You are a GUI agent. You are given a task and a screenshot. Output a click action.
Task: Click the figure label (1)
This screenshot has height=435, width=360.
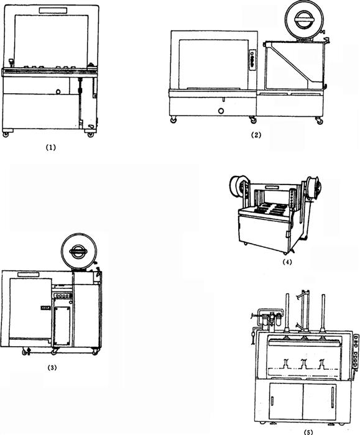50,148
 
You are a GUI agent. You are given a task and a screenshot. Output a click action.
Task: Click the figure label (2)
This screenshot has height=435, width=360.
256,135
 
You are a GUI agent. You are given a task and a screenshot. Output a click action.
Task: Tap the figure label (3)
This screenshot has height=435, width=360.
52,368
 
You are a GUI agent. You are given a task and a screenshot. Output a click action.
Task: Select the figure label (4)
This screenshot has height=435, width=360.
287,262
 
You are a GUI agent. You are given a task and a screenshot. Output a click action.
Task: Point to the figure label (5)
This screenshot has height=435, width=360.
308,432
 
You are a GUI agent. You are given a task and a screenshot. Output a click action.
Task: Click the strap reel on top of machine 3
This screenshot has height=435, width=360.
79,251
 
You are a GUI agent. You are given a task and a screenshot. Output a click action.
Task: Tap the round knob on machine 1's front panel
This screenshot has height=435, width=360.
58,91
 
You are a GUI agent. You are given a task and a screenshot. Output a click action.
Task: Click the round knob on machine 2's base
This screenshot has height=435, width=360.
221,111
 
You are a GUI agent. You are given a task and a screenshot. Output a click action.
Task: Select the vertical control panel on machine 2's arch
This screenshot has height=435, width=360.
252,60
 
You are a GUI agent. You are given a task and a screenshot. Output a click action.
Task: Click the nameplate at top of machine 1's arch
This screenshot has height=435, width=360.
53,11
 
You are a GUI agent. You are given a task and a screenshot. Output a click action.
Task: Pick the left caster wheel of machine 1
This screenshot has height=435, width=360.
6,134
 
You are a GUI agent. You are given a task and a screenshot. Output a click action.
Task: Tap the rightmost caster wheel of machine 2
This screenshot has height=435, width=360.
320,121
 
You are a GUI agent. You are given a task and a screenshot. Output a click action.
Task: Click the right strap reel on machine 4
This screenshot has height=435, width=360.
314,187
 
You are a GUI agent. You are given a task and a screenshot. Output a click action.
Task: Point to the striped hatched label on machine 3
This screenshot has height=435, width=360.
46,308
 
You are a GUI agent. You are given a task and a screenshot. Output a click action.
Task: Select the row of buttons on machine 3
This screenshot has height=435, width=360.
63,296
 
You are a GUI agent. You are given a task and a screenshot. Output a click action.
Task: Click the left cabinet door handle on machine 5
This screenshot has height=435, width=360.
272,401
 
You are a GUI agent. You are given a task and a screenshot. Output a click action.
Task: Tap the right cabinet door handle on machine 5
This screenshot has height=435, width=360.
332,397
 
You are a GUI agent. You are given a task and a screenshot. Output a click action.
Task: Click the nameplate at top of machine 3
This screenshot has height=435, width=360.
29,275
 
